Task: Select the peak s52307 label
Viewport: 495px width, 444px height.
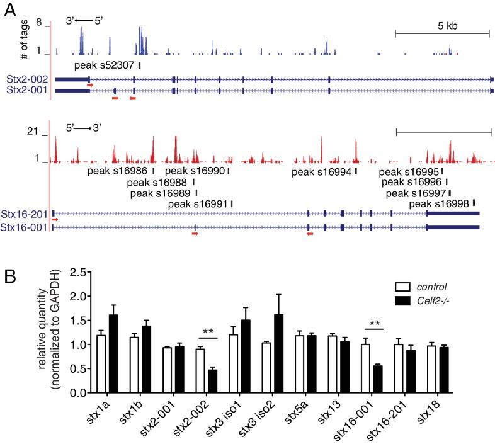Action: [104, 65]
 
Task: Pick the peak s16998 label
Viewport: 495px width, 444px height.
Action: [439, 203]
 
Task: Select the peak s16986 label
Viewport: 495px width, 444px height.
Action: [118, 171]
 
